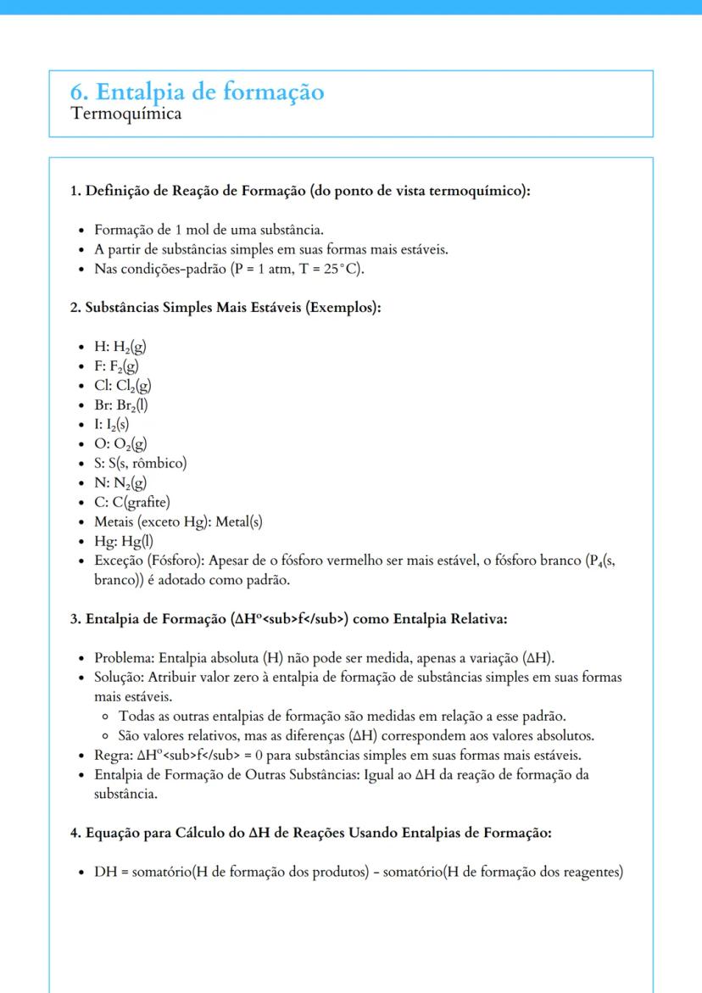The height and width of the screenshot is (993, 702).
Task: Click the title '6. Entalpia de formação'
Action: [197, 92]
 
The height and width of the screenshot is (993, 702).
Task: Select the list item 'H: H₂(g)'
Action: [121, 347]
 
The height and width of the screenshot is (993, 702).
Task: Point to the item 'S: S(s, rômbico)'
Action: [140, 463]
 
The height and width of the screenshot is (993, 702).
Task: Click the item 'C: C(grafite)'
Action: [132, 502]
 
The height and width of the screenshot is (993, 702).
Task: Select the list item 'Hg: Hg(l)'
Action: [124, 541]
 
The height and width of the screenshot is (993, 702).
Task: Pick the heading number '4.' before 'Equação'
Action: [75, 834]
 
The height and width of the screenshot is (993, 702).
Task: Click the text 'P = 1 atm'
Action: [266, 270]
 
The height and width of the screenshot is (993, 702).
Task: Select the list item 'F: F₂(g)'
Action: [117, 366]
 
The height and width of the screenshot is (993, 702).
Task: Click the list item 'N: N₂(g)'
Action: [120, 483]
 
